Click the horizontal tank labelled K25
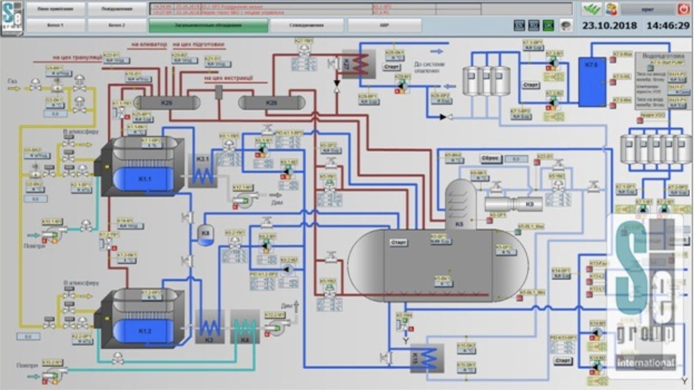coord(167,102)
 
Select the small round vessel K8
coord(206,234)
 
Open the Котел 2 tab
coord(117,25)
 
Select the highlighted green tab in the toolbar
coord(208,25)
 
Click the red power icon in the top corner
coord(684,9)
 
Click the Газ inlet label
coord(12,82)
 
